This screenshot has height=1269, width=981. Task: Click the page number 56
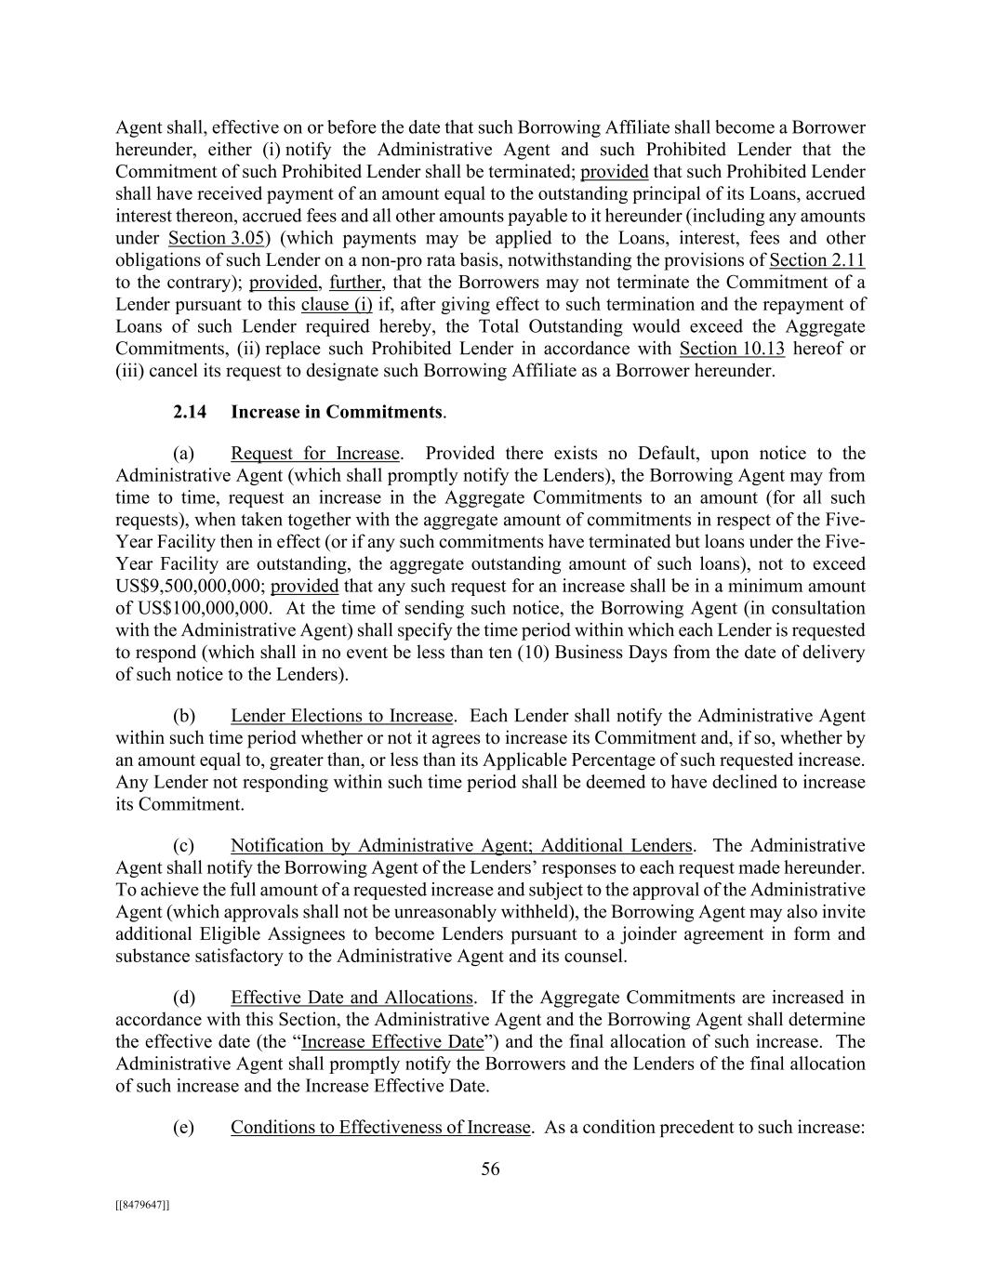click(x=490, y=1170)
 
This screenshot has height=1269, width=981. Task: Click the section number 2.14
click(x=190, y=412)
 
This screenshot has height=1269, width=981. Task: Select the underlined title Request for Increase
click(x=314, y=454)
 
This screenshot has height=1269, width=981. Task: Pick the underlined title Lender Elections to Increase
click(x=341, y=716)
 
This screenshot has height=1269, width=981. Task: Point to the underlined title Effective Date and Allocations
click(x=351, y=998)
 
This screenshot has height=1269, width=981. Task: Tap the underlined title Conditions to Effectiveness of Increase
click(x=379, y=1128)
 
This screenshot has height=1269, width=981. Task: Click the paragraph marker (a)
click(x=183, y=454)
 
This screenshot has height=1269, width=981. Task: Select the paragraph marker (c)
click(x=183, y=846)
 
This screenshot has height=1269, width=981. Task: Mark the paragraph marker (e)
click(x=183, y=1128)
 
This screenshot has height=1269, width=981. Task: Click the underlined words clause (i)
click(x=337, y=305)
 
